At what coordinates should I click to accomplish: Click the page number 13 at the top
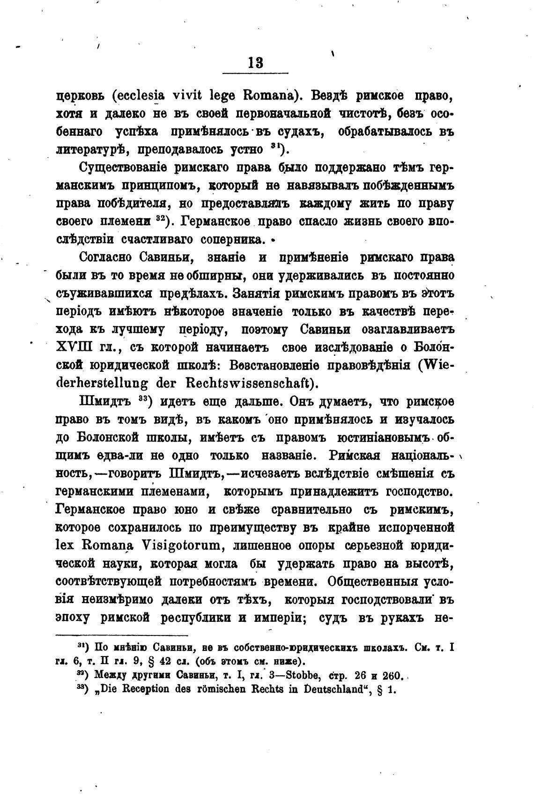[x=256, y=62]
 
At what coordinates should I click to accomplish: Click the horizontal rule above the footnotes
[x=122, y=635]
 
